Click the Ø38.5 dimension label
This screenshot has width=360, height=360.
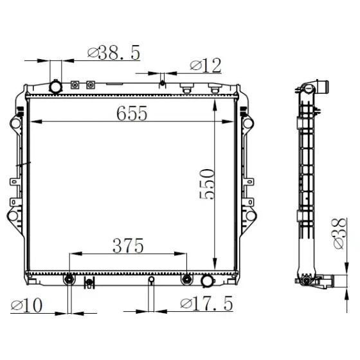(x=114, y=53)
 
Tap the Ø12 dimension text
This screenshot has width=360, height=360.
(x=206, y=66)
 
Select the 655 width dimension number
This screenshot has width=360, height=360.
(x=132, y=113)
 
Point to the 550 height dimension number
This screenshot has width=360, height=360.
(x=207, y=184)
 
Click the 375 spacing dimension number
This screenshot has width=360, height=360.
(x=128, y=246)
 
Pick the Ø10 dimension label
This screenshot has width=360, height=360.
(x=26, y=305)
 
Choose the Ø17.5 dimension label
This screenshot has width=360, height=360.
(x=206, y=303)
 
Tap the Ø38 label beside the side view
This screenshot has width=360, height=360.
(x=339, y=233)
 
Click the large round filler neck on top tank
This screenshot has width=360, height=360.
(x=55, y=87)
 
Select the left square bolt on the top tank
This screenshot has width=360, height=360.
(x=75, y=85)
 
